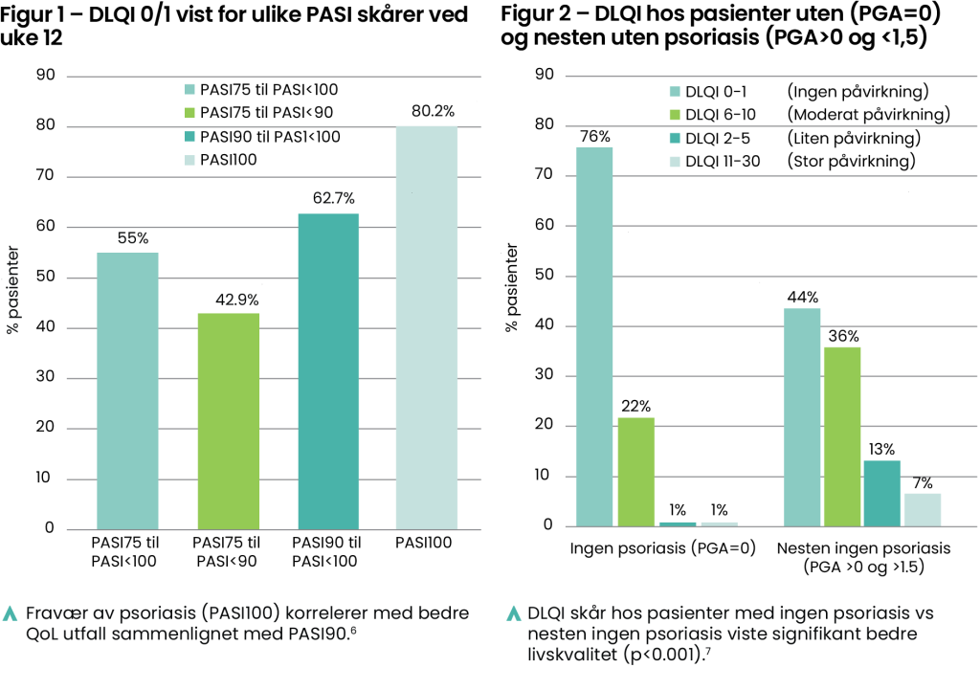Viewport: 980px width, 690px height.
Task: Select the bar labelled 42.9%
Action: (x=228, y=421)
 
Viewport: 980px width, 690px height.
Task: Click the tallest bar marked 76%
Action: (x=594, y=336)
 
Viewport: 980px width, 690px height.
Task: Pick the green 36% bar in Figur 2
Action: (x=842, y=436)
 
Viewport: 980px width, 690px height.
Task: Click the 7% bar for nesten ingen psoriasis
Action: (x=924, y=509)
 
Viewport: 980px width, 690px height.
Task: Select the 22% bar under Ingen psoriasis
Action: (x=636, y=472)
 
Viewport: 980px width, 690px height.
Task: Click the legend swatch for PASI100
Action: (x=189, y=160)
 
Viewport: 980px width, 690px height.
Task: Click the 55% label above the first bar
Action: (x=126, y=238)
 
